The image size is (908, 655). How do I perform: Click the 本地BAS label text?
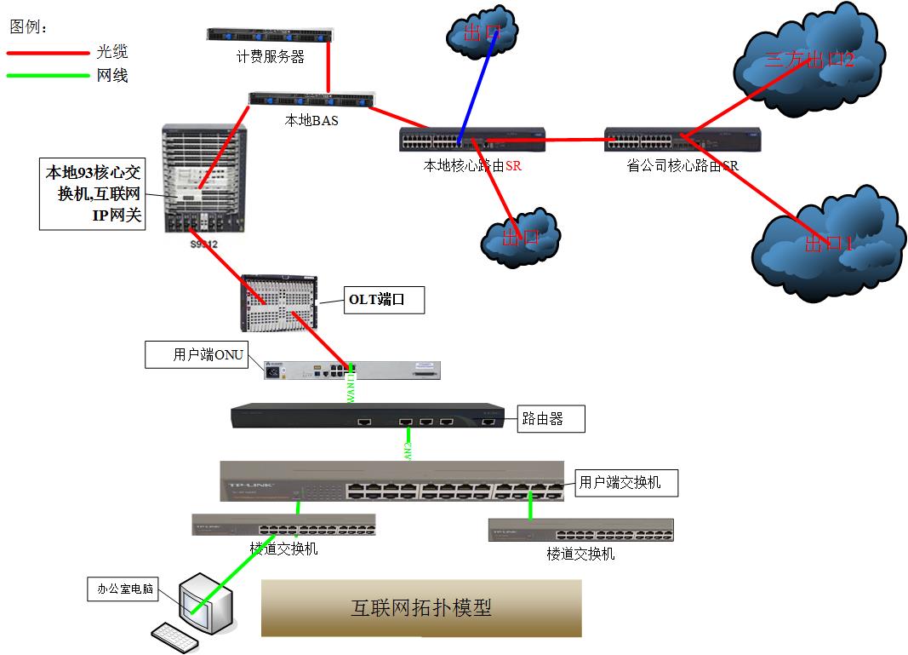tap(311, 121)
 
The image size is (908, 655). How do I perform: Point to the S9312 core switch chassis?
tap(204, 179)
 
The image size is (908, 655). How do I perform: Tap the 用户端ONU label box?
tap(197, 354)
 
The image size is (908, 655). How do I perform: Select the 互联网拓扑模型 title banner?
tap(421, 608)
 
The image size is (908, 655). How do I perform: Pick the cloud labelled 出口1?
tap(827, 243)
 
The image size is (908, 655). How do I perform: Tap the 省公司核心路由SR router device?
tap(682, 140)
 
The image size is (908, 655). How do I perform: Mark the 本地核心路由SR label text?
tap(472, 166)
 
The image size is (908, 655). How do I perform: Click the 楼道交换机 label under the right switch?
tap(580, 554)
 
